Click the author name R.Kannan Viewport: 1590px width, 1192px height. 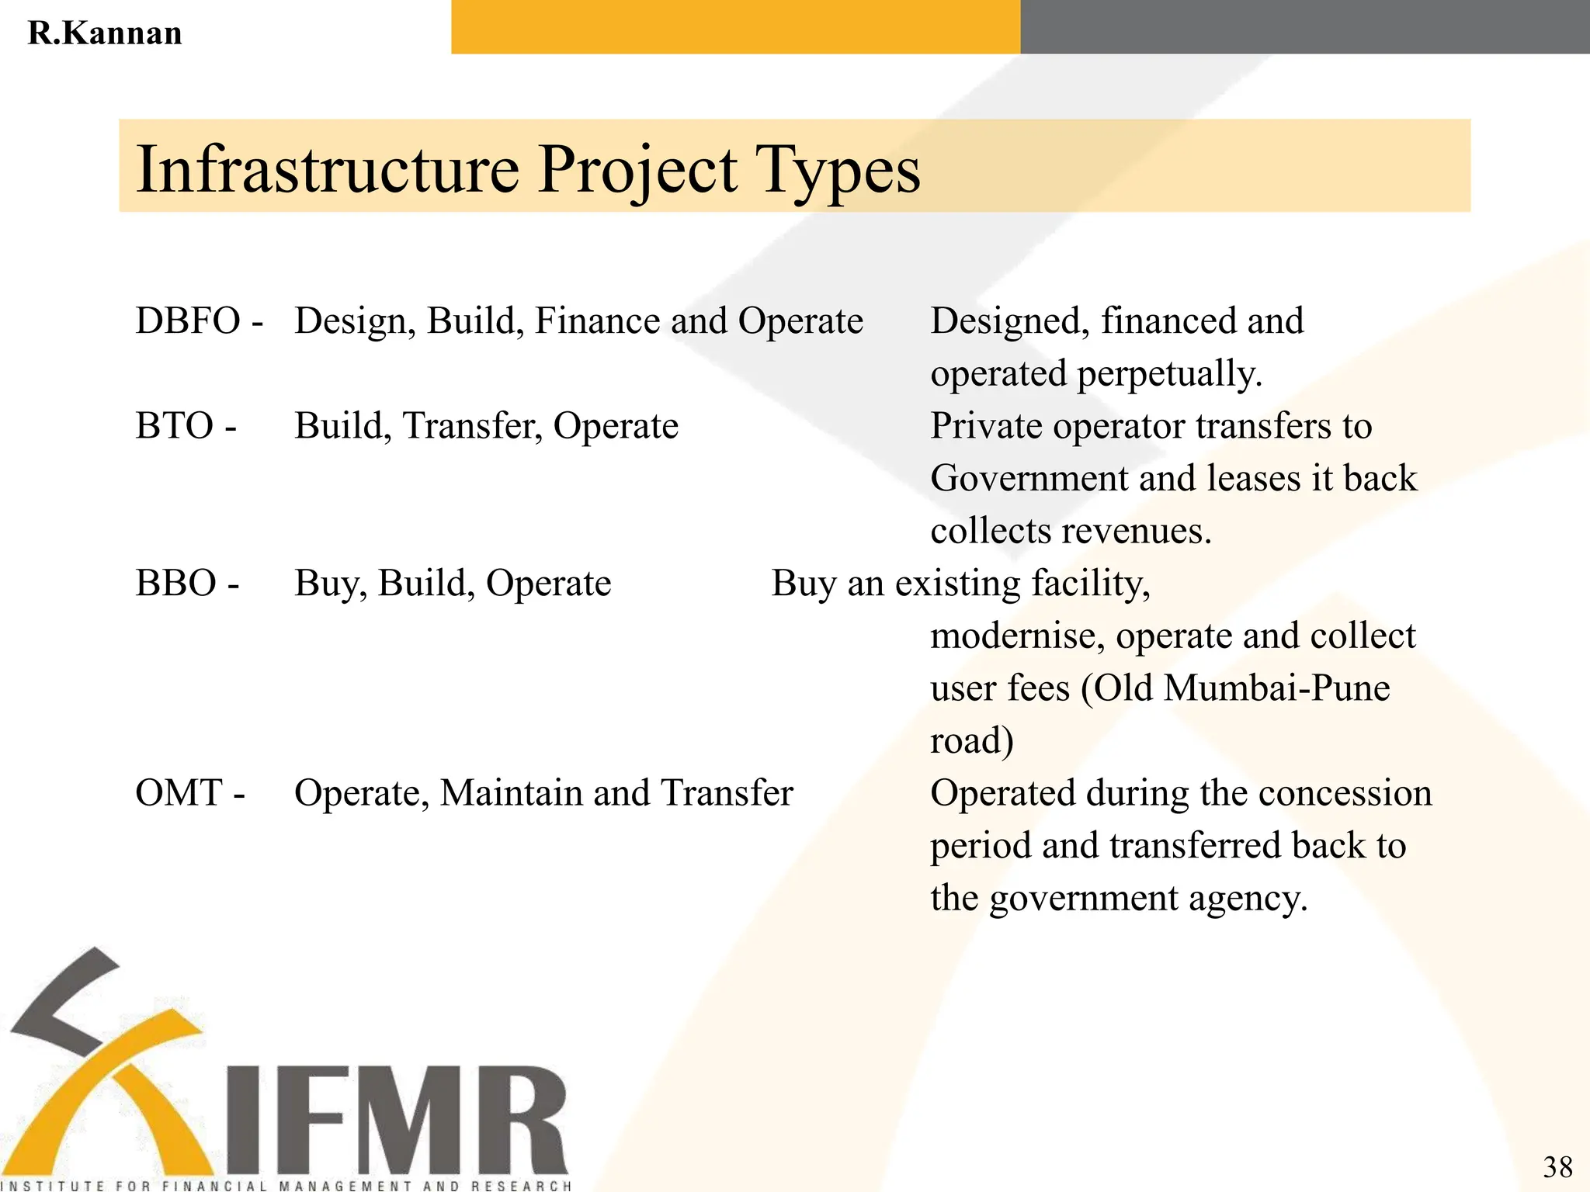[105, 33]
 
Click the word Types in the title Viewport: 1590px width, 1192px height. [838, 171]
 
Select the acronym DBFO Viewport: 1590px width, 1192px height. [188, 321]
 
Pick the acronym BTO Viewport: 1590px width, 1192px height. [175, 425]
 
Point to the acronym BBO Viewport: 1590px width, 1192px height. [176, 583]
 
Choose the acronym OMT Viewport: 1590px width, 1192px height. [179, 793]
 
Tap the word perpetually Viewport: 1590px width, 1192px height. [1169, 374]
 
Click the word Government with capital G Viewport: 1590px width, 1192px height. [1029, 478]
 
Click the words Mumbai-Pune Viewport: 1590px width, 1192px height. [1277, 688]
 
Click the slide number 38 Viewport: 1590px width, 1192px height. [1557, 1166]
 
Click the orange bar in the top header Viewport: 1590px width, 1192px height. [735, 26]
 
